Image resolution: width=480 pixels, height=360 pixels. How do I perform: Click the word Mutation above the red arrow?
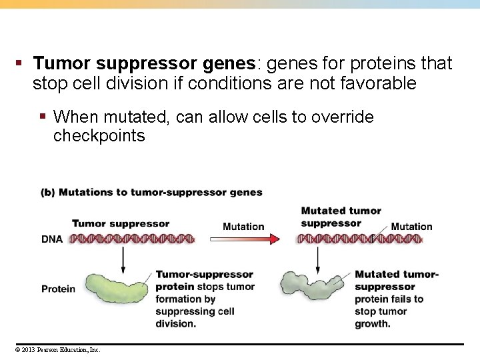[x=243, y=227]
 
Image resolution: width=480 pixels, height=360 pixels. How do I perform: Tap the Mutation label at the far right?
[x=411, y=227]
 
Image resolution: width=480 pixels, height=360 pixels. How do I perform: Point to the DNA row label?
[x=53, y=239]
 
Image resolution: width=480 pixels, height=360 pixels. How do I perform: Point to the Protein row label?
[x=58, y=289]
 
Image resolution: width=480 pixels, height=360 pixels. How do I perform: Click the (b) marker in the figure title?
[x=48, y=192]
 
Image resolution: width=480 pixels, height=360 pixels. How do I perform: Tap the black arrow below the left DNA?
[x=123, y=259]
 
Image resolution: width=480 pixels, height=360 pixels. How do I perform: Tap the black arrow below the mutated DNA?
[x=318, y=259]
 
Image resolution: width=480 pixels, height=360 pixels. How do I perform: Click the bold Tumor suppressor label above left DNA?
[x=121, y=223]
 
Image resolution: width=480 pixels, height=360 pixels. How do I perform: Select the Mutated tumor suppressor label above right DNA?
[x=341, y=217]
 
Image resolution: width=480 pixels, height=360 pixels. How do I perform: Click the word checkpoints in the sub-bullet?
[x=99, y=136]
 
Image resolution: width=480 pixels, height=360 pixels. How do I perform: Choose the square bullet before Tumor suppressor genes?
[x=20, y=64]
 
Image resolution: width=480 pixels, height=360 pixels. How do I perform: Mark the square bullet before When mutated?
[x=42, y=117]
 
